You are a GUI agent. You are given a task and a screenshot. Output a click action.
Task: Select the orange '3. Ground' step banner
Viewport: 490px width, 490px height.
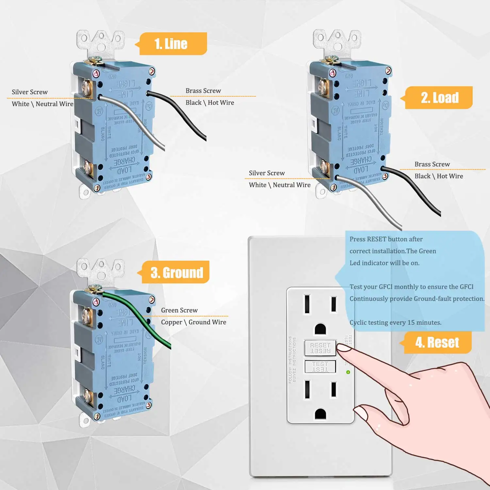pyautogui.click(x=176, y=272)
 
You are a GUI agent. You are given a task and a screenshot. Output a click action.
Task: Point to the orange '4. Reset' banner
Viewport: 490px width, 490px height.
pyautogui.click(x=437, y=343)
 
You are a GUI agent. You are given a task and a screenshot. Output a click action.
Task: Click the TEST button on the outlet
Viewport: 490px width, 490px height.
pyautogui.click(x=320, y=367)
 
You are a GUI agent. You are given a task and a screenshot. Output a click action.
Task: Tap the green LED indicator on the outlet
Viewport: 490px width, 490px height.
pyautogui.click(x=348, y=372)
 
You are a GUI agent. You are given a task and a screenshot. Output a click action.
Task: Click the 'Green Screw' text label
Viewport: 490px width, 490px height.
pyautogui.click(x=179, y=310)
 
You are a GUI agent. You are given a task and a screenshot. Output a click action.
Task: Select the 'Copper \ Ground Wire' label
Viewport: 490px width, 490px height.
pyautogui.click(x=193, y=322)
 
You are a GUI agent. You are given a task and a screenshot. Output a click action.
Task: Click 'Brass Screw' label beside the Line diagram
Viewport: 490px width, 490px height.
pyautogui.click(x=203, y=91)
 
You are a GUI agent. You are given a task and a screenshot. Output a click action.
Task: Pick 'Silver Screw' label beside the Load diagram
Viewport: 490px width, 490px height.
pyautogui.click(x=267, y=173)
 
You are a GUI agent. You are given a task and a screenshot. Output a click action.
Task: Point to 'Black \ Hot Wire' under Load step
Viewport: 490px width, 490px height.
pyautogui.click(x=439, y=176)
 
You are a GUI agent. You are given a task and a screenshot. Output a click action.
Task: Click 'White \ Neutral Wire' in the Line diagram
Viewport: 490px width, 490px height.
pyautogui.click(x=42, y=104)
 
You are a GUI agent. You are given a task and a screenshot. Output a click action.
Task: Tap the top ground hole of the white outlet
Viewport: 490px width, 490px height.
pyautogui.click(x=320, y=329)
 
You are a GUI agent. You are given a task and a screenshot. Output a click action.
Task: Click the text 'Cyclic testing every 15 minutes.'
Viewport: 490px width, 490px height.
pyautogui.click(x=395, y=322)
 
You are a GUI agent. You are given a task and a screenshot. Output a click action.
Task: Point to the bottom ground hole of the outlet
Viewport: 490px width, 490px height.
pyautogui.click(x=320, y=414)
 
